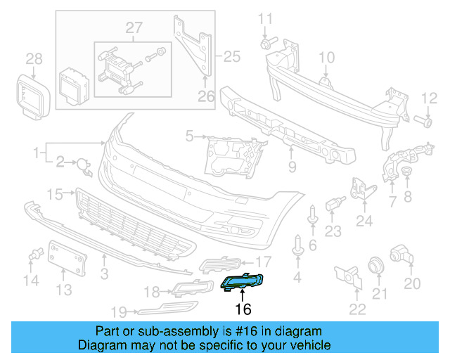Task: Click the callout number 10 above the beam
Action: click(x=328, y=58)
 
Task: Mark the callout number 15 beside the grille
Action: click(x=55, y=193)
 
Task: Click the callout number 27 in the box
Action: click(x=134, y=28)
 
